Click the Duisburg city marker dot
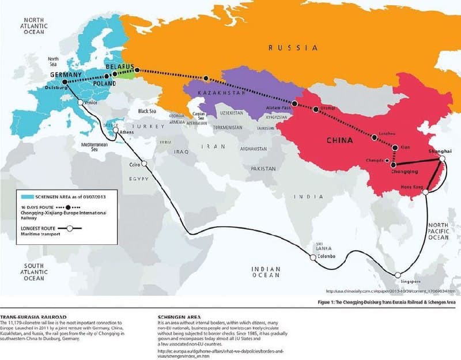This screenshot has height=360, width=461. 65,82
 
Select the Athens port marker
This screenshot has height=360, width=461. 117,131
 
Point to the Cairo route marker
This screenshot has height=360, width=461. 145,164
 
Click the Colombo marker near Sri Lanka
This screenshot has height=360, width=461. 313,257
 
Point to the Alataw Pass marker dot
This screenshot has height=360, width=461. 295,104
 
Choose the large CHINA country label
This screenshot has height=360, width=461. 340,139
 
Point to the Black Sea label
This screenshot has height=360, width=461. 148,111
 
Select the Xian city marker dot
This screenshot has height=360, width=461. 395,147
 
